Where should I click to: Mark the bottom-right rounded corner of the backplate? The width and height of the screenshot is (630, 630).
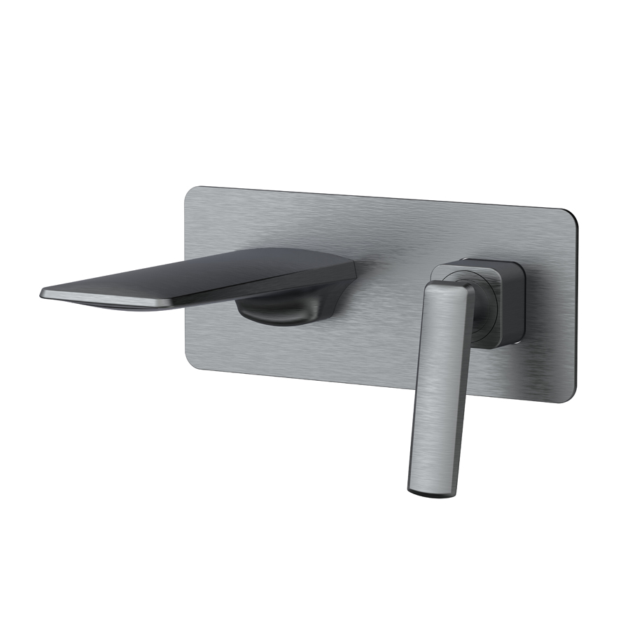(570, 395)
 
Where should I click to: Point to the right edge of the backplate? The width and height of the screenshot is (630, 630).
(578, 308)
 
